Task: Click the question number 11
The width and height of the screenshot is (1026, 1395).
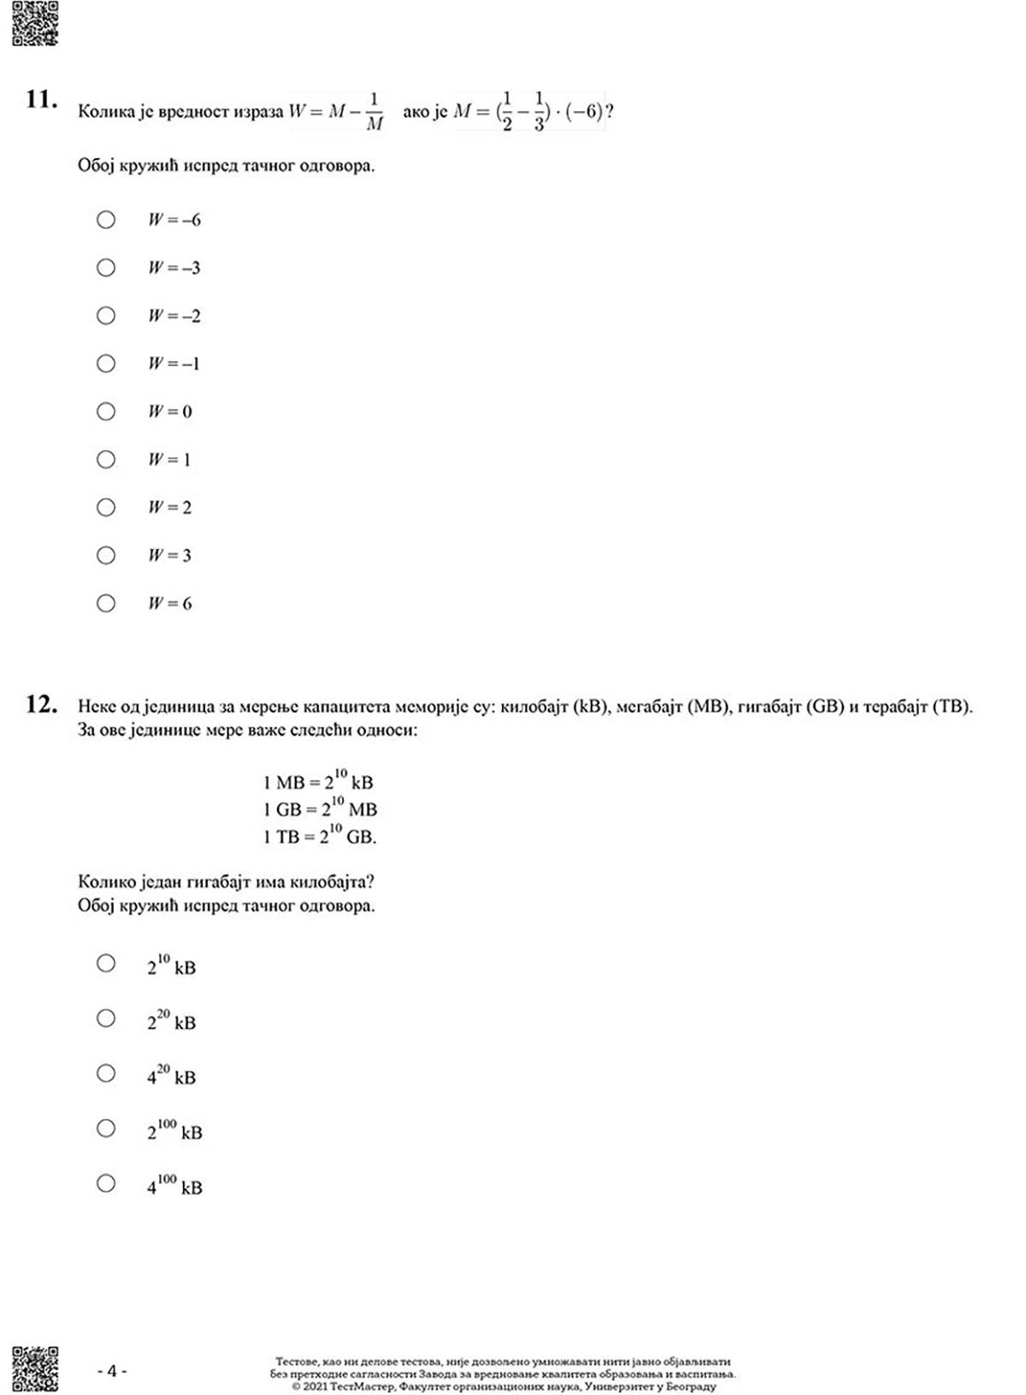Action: pyautogui.click(x=41, y=100)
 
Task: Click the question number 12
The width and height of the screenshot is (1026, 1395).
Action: pyautogui.click(x=41, y=705)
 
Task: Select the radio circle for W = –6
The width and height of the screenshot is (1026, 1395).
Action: pyautogui.click(x=106, y=220)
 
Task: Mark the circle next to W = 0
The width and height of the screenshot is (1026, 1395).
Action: pyautogui.click(x=106, y=411)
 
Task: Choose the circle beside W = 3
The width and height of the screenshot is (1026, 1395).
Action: pyautogui.click(x=106, y=555)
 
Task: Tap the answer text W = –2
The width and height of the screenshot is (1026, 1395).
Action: pyautogui.click(x=174, y=316)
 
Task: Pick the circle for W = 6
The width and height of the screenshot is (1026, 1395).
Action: pyautogui.click(x=106, y=603)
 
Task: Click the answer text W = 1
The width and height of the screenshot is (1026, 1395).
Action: pyautogui.click(x=169, y=459)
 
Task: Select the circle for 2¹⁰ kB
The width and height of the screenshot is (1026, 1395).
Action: pyautogui.click(x=106, y=963)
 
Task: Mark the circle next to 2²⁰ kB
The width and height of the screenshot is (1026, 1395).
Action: pyautogui.click(x=106, y=1018)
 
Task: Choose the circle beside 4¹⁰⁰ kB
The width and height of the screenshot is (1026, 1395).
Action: pyautogui.click(x=106, y=1183)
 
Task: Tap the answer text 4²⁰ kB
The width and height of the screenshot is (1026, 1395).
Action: pyautogui.click(x=171, y=1075)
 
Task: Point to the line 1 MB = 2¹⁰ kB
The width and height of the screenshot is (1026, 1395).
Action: pyautogui.click(x=318, y=780)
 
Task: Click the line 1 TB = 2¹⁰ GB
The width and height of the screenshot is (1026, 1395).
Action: pyautogui.click(x=320, y=835)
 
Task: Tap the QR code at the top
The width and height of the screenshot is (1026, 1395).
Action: pyautogui.click(x=35, y=23)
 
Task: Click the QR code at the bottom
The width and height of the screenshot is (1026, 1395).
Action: pyautogui.click(x=35, y=1368)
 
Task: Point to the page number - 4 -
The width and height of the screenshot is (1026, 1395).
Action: pyautogui.click(x=112, y=1370)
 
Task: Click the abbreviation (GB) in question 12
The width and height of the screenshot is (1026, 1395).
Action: pyautogui.click(x=824, y=706)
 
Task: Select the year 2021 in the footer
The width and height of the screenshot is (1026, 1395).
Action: pyautogui.click(x=315, y=1386)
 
